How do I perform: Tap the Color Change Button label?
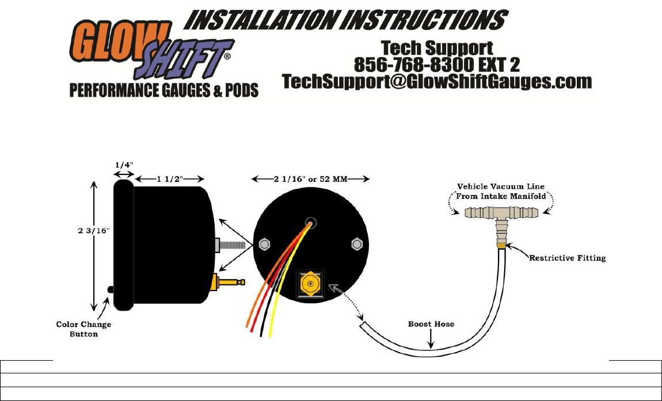(84, 329)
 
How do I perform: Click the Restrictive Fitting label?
(568, 258)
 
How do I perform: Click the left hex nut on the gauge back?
(264, 244)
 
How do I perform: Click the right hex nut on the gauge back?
(356, 244)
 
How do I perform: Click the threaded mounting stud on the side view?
(234, 244)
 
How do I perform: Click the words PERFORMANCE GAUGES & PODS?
(164, 91)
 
